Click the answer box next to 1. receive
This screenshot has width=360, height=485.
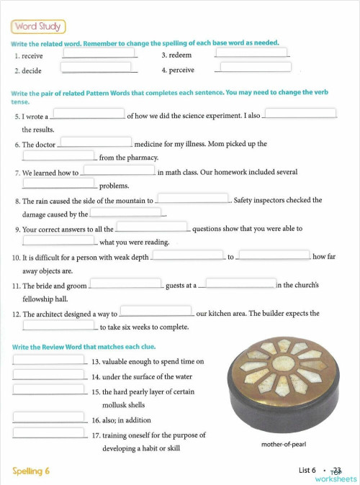tap(100, 52)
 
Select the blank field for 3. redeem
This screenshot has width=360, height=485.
tap(252, 52)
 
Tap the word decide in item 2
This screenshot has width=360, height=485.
tap(32, 71)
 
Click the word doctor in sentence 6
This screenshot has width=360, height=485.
tap(45, 144)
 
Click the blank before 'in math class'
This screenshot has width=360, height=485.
tap(119, 171)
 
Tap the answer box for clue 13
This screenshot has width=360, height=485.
tap(49, 360)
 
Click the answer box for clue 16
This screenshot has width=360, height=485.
tap(49, 418)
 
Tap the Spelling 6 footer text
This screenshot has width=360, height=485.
tap(32, 471)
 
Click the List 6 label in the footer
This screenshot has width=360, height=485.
tap(307, 470)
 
